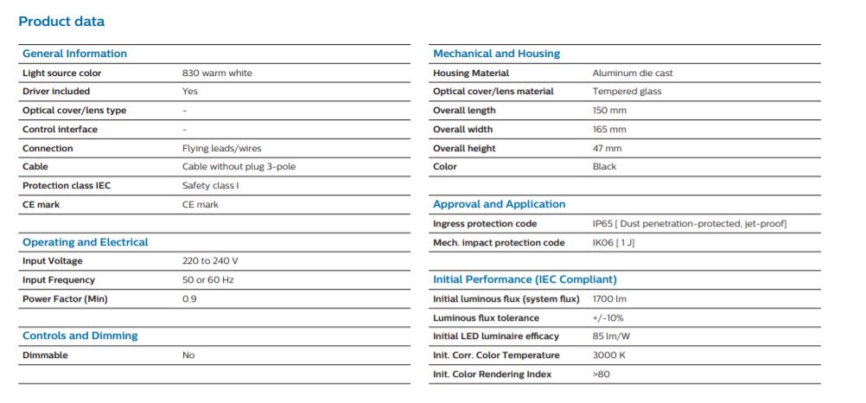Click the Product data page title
coord(61,22)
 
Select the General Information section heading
coord(74,54)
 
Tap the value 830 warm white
coord(217,73)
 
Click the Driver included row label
coord(56,91)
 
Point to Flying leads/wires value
coord(221,148)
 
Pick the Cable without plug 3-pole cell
coord(239,166)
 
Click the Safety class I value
coord(210,186)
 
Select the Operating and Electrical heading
coord(85,242)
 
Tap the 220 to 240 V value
coord(210,261)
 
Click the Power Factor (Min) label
coord(65,299)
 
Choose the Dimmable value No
coord(188,355)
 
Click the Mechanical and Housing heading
coord(496,54)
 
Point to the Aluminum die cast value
coord(633,73)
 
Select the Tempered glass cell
coord(627,91)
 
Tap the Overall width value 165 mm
coord(609,130)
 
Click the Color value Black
coord(604,166)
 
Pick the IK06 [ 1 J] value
coord(614,243)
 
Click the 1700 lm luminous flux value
coord(609,299)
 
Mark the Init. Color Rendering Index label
coord(492,374)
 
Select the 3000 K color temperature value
coord(609,355)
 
